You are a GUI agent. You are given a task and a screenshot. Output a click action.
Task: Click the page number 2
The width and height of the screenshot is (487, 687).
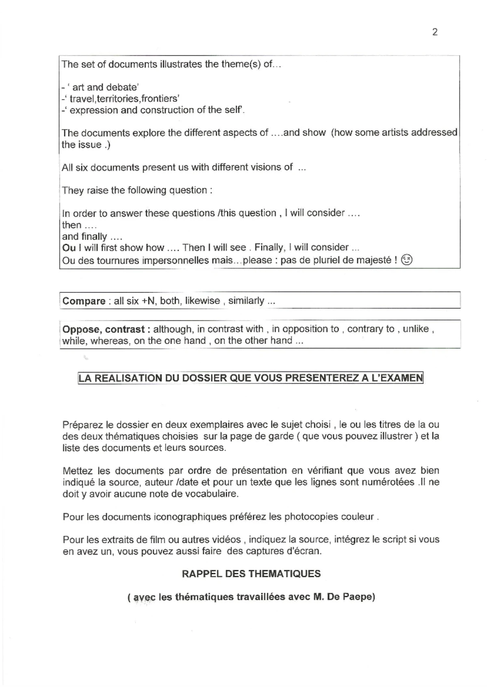point(435,32)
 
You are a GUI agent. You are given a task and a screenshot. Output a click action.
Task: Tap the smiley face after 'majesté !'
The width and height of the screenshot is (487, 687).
point(407,260)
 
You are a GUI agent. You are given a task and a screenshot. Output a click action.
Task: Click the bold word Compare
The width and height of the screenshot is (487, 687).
point(84,301)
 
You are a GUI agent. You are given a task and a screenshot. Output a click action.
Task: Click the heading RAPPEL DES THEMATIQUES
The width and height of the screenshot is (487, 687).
point(251,574)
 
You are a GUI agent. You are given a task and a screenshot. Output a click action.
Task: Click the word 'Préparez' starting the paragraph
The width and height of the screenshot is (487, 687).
point(82,425)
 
